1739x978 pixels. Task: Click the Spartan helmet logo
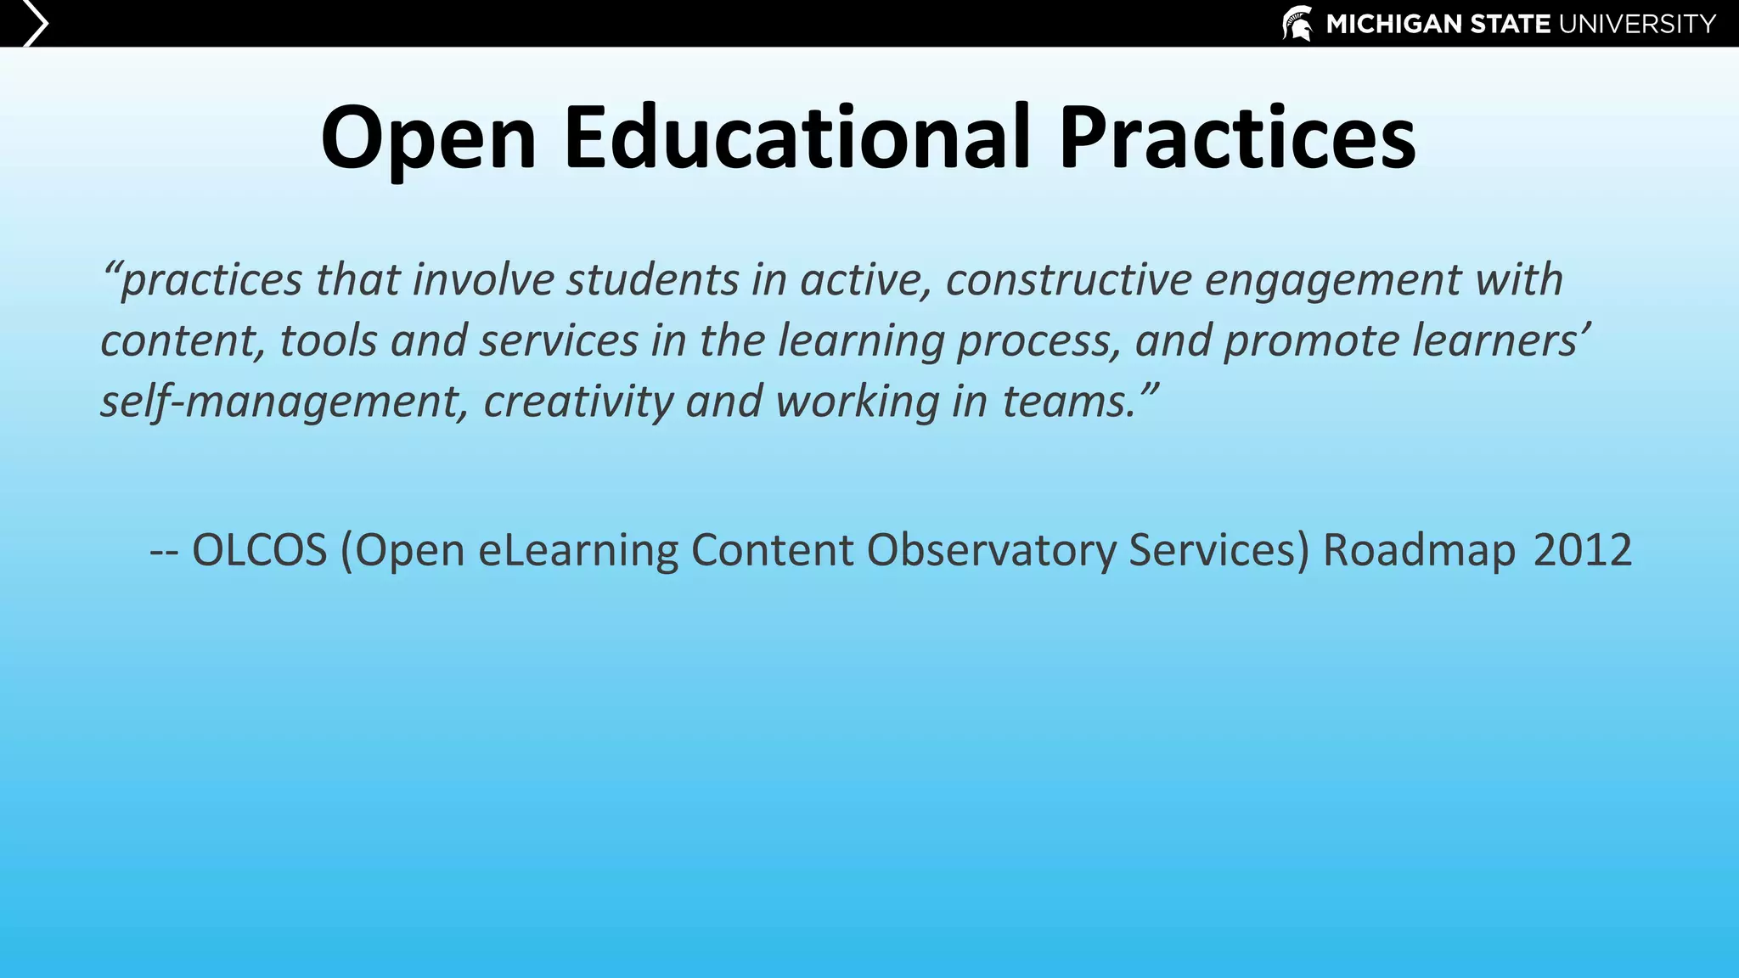(x=1297, y=23)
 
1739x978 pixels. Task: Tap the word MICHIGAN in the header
(x=1393, y=24)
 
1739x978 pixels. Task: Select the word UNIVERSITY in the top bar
(x=1637, y=24)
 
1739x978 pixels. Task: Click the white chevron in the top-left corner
(x=34, y=23)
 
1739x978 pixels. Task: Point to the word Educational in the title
(x=796, y=138)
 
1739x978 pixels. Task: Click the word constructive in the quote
(x=1068, y=279)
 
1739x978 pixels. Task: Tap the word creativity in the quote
(x=578, y=402)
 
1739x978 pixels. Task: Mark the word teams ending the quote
(x=1066, y=402)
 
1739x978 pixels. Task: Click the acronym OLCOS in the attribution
(x=259, y=550)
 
